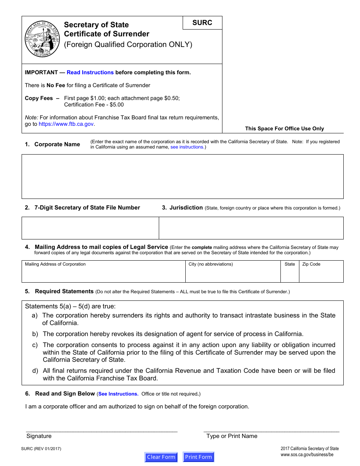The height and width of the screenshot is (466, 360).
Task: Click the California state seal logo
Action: pos(42,39)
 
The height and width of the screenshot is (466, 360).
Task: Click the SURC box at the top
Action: pos(202,23)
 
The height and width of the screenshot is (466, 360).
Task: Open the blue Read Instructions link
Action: pos(90,72)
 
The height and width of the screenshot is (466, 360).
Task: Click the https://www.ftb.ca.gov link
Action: pos(66,124)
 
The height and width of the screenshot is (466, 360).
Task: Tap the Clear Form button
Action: pos(161,457)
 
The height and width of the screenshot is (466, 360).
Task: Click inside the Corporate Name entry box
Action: pos(182,176)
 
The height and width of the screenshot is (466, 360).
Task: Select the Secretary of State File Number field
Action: pos(90,228)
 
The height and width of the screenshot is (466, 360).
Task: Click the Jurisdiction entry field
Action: pos(251,228)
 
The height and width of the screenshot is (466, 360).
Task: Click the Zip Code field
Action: pos(321,274)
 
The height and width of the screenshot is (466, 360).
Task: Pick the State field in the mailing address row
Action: pos(290,274)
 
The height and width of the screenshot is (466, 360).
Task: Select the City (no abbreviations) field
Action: pos(233,274)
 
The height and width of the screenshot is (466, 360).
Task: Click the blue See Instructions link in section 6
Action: pos(118,394)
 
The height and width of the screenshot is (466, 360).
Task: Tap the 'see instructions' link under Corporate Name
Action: pos(187,147)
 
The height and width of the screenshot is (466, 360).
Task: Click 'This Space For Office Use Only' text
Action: pos(284,128)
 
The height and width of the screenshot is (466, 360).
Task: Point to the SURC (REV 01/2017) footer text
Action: pos(41,449)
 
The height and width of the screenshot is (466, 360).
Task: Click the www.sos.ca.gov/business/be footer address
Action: pos(307,455)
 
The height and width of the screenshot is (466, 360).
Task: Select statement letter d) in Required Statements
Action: pos(35,371)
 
